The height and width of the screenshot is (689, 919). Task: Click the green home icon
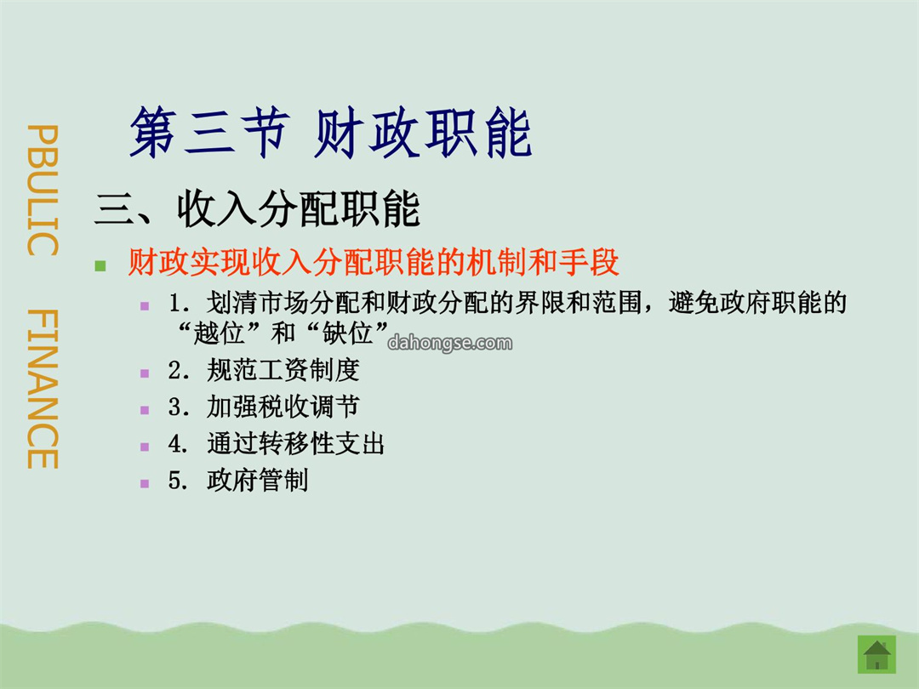[876, 654]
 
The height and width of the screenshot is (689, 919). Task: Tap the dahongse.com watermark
[450, 343]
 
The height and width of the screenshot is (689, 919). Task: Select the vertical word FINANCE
[43, 389]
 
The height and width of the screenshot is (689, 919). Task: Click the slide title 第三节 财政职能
[330, 133]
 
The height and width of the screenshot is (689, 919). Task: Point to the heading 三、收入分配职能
[257, 208]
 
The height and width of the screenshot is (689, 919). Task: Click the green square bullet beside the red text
[100, 266]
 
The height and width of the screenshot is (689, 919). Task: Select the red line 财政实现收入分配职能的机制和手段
[374, 262]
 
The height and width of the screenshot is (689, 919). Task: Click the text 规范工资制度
[283, 370]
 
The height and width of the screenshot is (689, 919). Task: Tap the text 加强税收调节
[283, 407]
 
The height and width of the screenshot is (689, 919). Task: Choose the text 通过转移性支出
[295, 443]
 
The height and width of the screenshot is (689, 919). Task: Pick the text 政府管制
[257, 481]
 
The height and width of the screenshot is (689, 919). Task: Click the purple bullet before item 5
[145, 484]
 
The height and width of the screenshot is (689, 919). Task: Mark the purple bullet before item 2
[145, 373]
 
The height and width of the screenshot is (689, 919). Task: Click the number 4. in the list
[178, 444]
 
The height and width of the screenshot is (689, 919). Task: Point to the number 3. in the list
[178, 407]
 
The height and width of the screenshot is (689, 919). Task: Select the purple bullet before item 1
[145, 306]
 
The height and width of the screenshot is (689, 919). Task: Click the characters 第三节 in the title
[209, 133]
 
